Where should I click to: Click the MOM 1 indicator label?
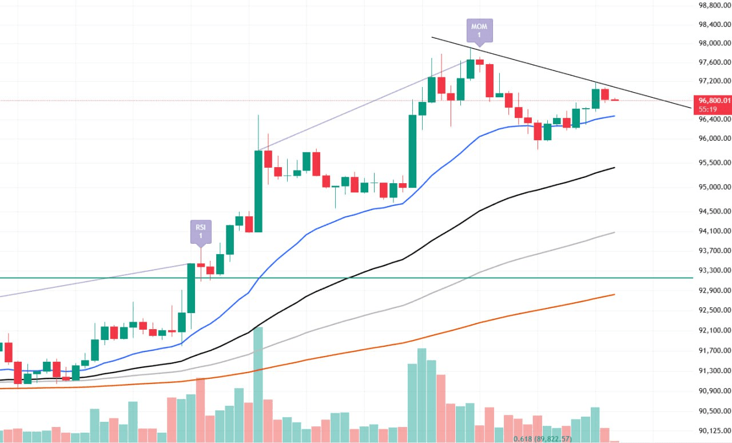point(479,30)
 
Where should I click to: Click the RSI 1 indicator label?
point(201,231)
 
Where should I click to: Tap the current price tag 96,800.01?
point(711,100)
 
